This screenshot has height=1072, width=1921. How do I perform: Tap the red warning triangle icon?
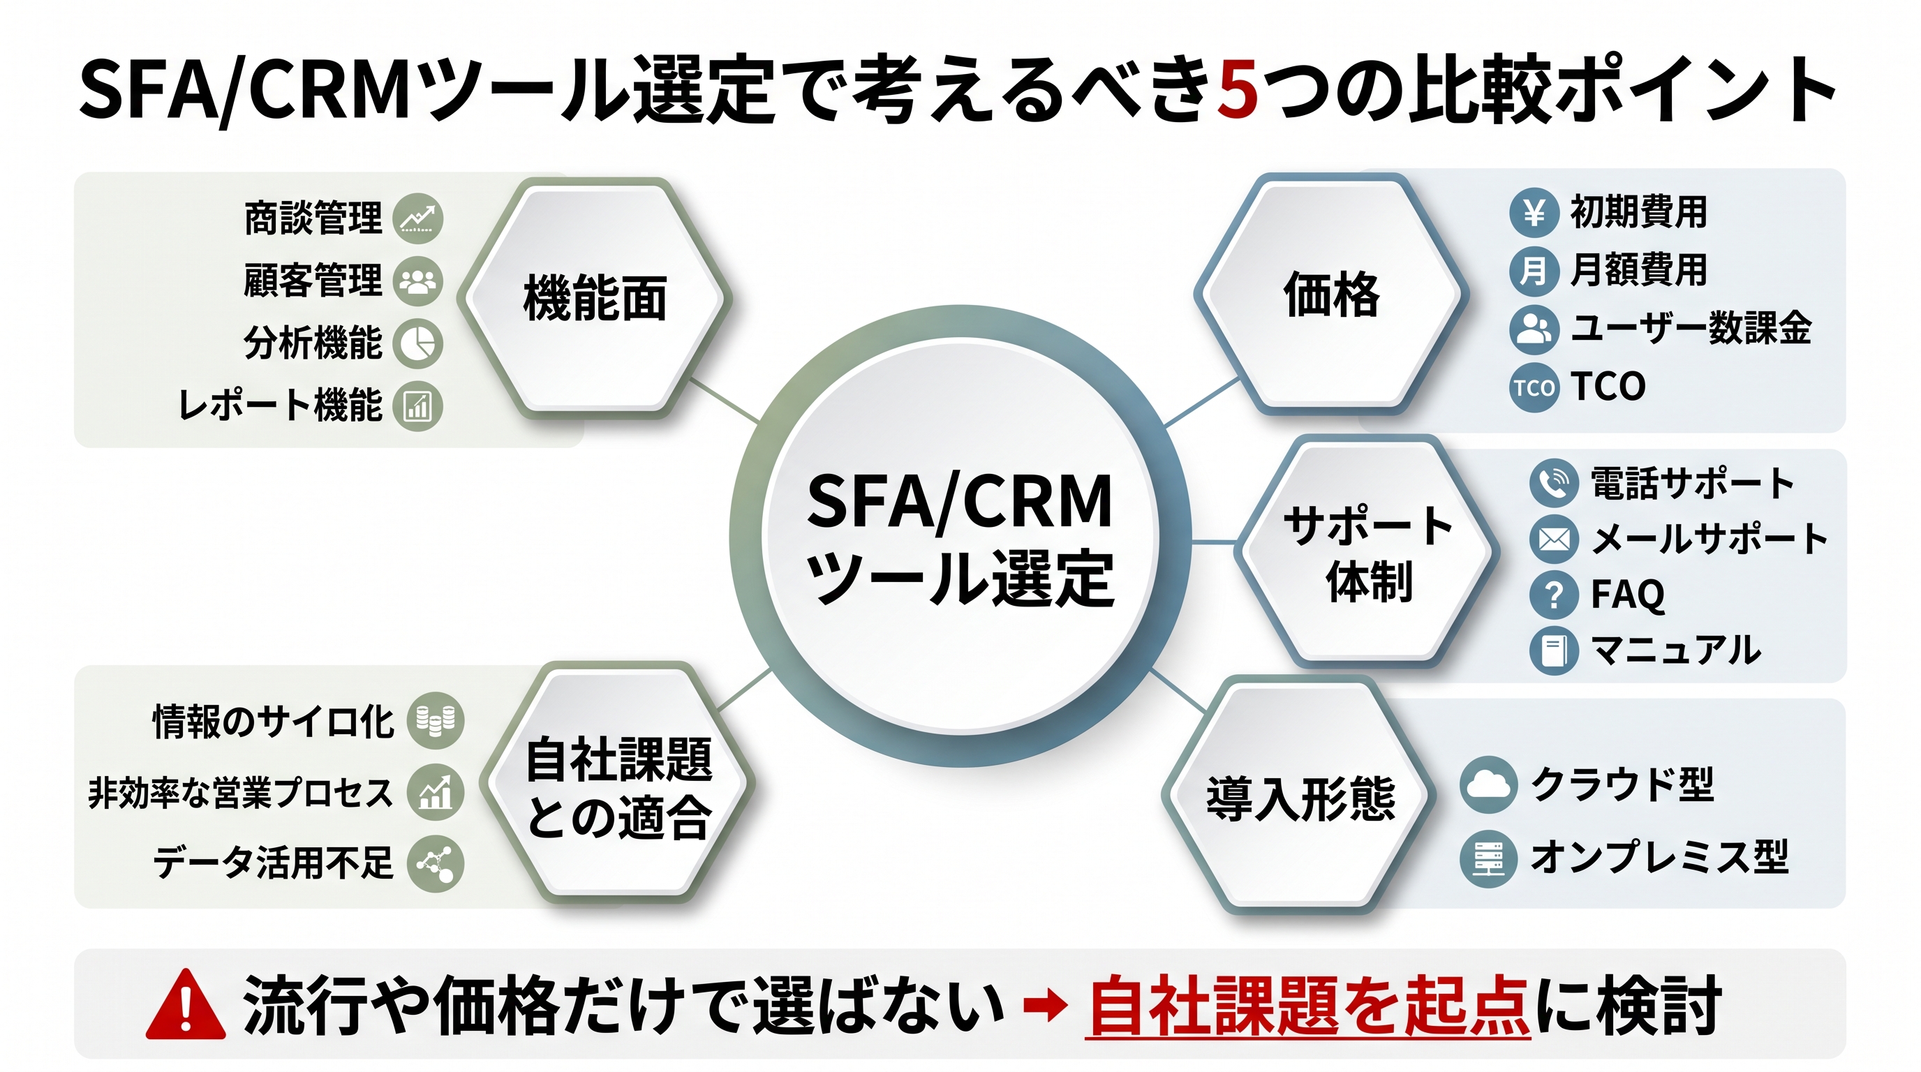click(186, 1005)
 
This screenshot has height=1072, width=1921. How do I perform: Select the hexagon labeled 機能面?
click(594, 297)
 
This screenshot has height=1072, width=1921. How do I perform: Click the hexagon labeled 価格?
click(1331, 294)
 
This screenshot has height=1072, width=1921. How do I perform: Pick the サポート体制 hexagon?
click(1367, 551)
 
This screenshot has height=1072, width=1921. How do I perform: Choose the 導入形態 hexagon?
click(1300, 796)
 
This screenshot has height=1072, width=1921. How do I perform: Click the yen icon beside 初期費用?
click(1534, 212)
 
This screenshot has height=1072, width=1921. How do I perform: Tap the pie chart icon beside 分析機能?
click(418, 343)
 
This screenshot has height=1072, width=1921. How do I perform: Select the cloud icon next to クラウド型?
click(1488, 785)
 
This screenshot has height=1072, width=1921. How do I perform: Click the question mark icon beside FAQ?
click(1554, 595)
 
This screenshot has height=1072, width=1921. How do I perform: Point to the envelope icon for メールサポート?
click(1554, 539)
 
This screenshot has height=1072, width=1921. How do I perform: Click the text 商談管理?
click(313, 218)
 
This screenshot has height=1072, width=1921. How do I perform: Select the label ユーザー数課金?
click(1691, 328)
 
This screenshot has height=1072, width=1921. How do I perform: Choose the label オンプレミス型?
click(1660, 856)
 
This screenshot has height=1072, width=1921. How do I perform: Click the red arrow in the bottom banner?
click(1046, 1006)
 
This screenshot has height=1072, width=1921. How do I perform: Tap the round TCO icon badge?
click(1534, 387)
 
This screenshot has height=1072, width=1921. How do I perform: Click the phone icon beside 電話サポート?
click(1554, 483)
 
